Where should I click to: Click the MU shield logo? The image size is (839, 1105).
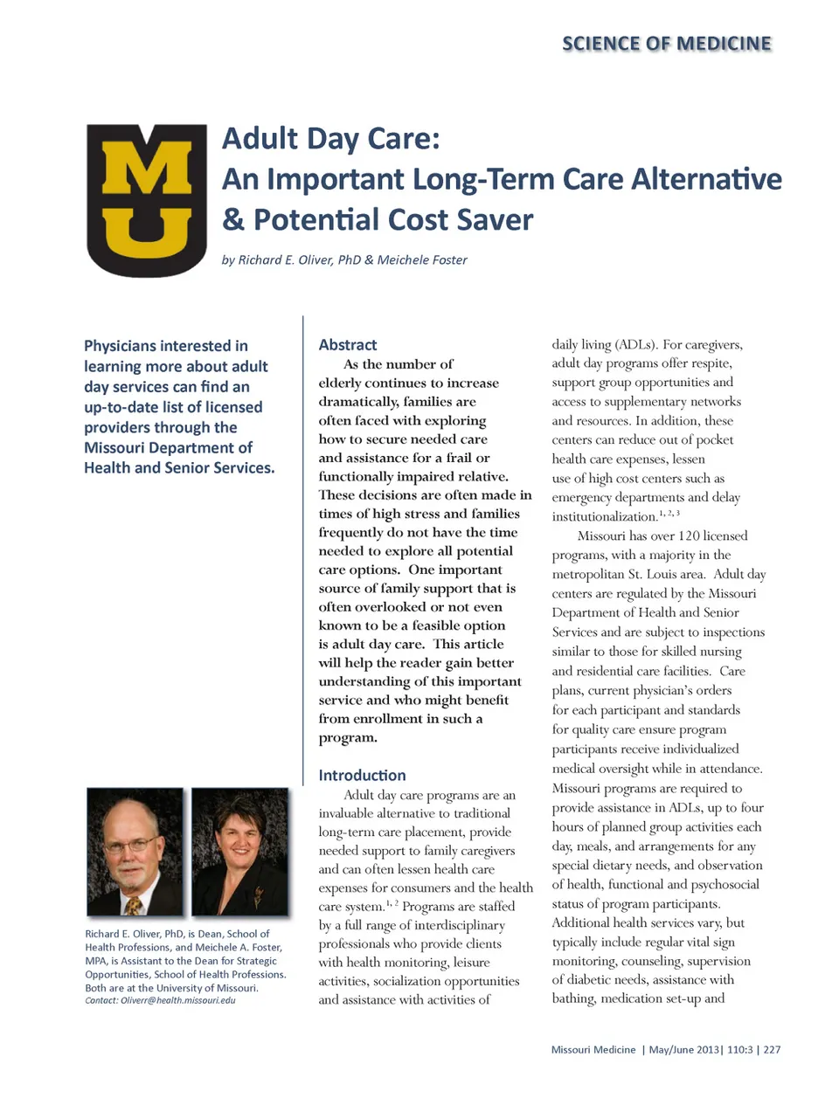point(147,200)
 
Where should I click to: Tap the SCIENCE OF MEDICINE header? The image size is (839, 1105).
point(667,44)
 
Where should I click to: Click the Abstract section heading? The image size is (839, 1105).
point(348,345)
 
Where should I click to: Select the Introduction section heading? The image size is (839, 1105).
point(362,775)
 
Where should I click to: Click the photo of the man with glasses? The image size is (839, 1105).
point(135,851)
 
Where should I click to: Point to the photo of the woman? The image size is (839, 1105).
point(239,851)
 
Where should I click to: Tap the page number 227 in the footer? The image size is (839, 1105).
point(772,1050)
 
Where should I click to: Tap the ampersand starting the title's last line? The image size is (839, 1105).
point(233,219)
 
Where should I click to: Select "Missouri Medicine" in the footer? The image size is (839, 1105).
point(593,1050)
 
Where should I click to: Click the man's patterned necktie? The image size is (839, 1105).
point(133,905)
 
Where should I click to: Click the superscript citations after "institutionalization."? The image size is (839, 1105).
point(669,514)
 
